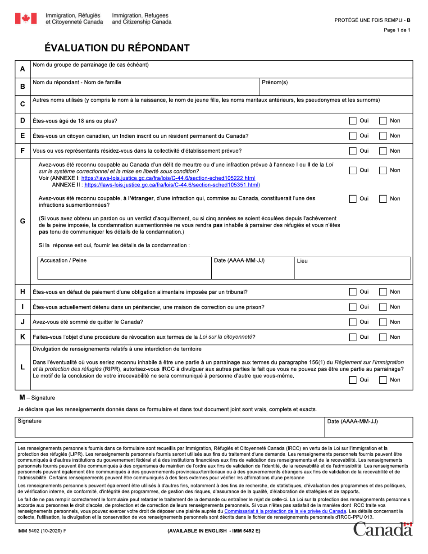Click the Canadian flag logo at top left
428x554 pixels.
26,18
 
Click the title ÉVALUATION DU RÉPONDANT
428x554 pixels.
117,48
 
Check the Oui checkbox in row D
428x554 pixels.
353,121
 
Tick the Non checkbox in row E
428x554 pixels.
383,136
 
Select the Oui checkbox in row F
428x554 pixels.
353,151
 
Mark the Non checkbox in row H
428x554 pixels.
383,292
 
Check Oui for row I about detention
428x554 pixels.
353,307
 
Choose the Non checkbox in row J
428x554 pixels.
383,322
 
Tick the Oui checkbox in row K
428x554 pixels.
353,337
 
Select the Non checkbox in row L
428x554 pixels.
383,380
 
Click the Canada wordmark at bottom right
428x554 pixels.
383,530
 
